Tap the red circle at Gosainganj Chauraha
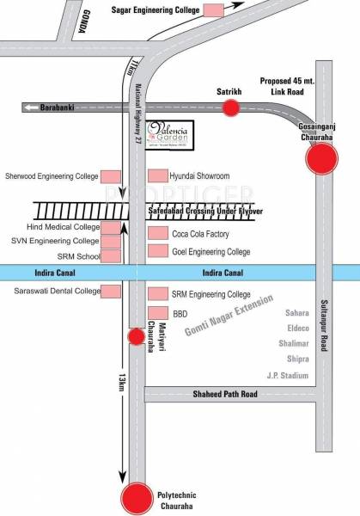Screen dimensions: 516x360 pyautogui.click(x=323, y=158)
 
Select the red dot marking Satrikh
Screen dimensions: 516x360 pyautogui.click(x=231, y=107)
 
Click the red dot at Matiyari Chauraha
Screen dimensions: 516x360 pyautogui.click(x=135, y=336)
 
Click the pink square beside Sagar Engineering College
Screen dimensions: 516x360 pyautogui.click(x=211, y=9)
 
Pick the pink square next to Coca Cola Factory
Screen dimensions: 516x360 pyautogui.click(x=156, y=234)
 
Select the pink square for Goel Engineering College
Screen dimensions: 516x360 pyautogui.click(x=156, y=252)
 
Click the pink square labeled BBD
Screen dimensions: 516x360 pyautogui.click(x=156, y=313)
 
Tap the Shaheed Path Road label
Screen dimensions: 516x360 pyautogui.click(x=225, y=395)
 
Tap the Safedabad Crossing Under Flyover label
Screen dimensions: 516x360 pyautogui.click(x=204, y=211)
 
